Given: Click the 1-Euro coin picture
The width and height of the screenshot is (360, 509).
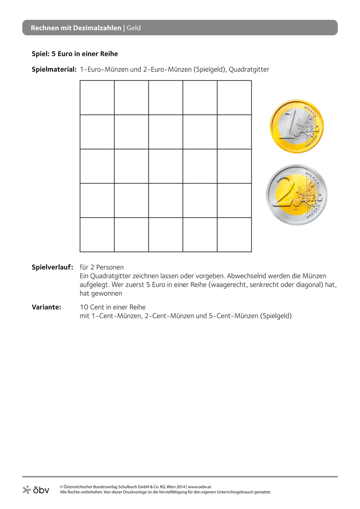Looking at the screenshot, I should tap(297, 127).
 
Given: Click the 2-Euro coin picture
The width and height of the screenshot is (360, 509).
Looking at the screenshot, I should tap(296, 194).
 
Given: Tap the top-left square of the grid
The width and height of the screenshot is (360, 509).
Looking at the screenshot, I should tap(97, 98).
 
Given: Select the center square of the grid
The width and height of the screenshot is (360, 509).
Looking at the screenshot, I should tap(166, 166).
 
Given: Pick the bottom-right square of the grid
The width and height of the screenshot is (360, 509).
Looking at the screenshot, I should tap(234, 234).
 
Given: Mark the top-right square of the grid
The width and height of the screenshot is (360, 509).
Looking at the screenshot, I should tap(234, 98).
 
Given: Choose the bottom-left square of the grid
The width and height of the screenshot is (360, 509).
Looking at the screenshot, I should tap(97, 234).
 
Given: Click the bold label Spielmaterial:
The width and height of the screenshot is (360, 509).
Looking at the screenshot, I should tap(54, 70).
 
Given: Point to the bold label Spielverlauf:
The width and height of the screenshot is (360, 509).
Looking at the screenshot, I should tap(52, 268).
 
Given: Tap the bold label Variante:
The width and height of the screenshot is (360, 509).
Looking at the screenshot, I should tap(47, 307).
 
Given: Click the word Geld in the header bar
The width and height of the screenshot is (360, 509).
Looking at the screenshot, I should tap(133, 28).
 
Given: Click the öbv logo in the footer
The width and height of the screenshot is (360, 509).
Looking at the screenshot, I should tap(36, 490).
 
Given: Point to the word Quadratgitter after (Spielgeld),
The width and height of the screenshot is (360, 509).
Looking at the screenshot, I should tap(249, 70).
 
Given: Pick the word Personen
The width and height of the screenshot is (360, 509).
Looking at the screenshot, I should tap(110, 268).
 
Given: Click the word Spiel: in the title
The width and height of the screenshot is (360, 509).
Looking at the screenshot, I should tap(41, 53).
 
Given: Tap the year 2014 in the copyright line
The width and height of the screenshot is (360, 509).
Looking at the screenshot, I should tap(180, 487).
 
